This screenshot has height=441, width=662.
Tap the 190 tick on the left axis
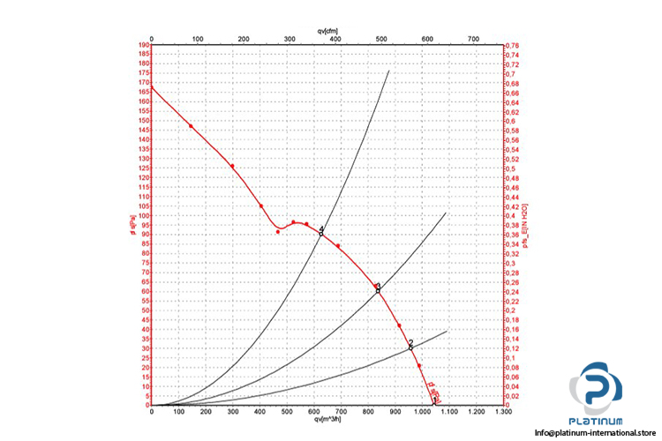tap(144, 46)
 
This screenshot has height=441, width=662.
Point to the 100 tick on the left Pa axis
tap(144, 216)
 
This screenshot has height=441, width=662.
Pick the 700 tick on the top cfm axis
tap(473, 39)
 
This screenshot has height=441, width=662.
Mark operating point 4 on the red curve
tap(321, 232)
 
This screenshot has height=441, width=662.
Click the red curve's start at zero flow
tap(152, 86)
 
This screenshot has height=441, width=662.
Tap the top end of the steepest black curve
tap(388, 71)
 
